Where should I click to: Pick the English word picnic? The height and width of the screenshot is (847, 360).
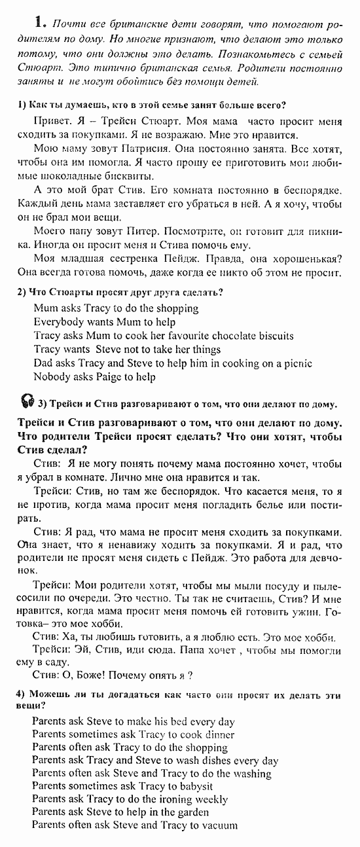[x=297, y=363]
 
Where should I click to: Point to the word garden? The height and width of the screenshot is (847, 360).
[x=191, y=813]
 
